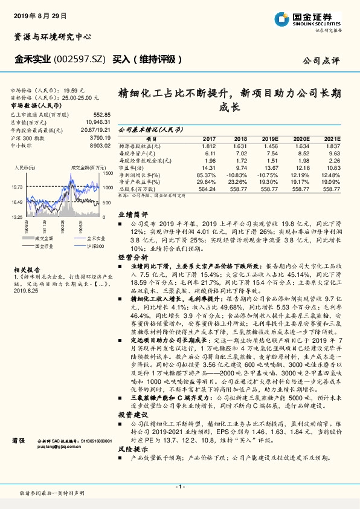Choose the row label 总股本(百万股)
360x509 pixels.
coord(141,189)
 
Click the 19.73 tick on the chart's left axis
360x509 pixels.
coord(16,187)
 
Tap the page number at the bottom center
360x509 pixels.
coord(180,486)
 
